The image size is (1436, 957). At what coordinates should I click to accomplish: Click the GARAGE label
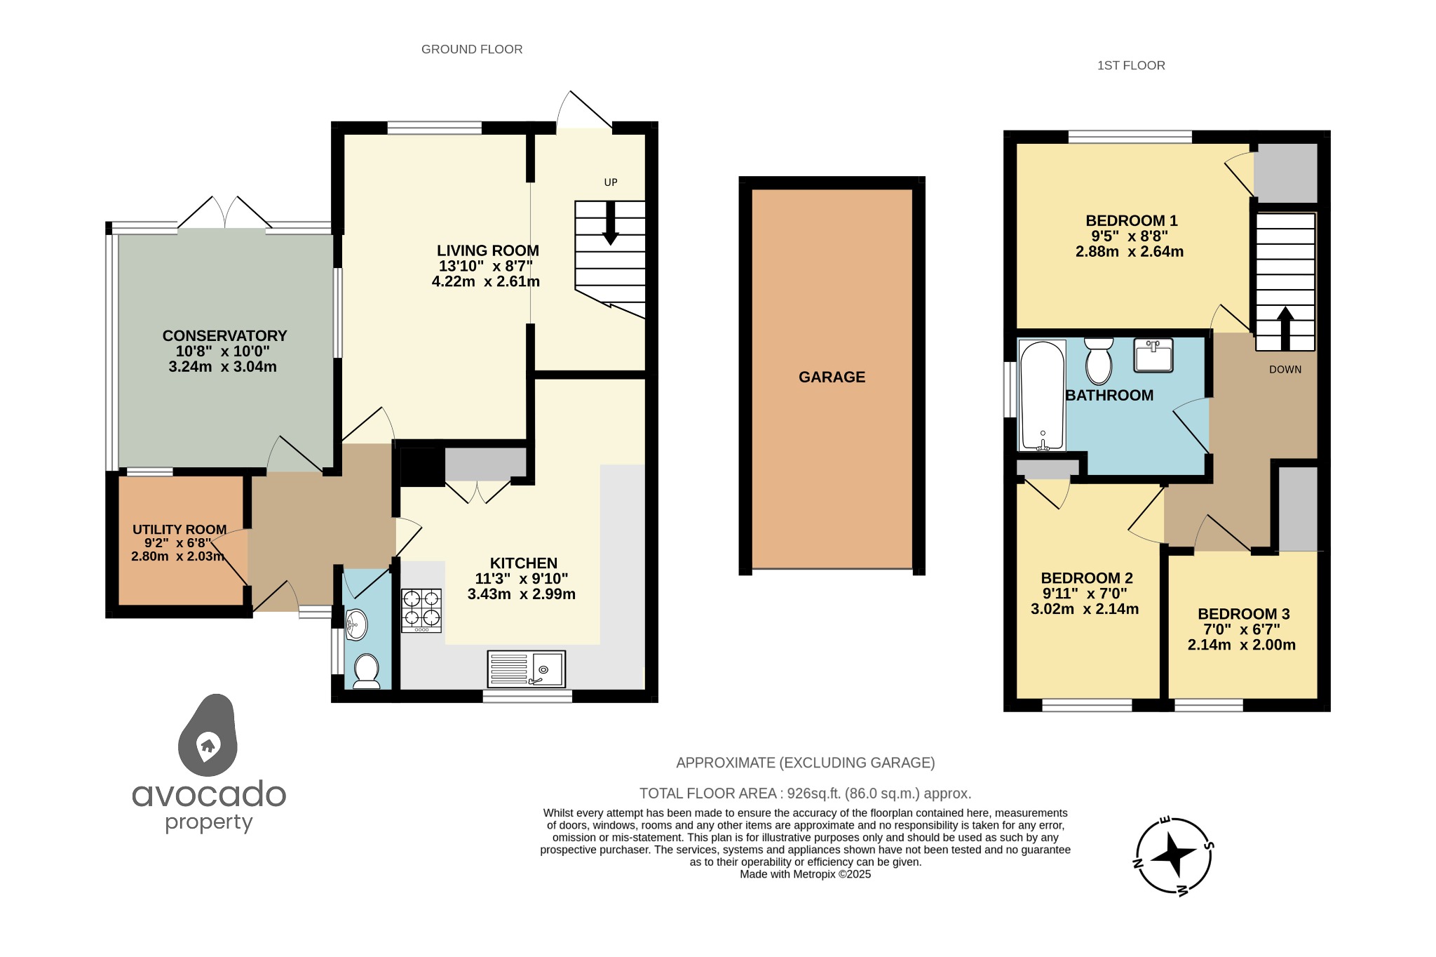(832, 377)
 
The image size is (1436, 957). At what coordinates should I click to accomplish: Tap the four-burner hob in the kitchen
(421, 609)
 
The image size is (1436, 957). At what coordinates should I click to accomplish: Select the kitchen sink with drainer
(527, 669)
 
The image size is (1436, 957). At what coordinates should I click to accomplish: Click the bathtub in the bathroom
(1043, 396)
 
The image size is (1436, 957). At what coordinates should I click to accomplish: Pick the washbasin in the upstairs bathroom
(1153, 355)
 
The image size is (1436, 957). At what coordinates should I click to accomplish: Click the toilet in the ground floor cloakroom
(366, 671)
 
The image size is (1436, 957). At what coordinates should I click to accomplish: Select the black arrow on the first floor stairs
(1285, 328)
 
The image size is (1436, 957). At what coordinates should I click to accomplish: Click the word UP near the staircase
(611, 182)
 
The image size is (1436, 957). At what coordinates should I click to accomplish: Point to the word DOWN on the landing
(1285, 370)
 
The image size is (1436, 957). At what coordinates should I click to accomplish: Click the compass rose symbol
(1174, 856)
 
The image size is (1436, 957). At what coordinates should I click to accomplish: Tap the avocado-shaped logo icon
(208, 737)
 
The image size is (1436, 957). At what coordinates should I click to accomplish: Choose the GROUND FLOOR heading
(472, 49)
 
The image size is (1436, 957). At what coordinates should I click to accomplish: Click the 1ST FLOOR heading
(1131, 65)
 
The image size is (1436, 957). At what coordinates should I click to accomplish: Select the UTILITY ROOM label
(179, 530)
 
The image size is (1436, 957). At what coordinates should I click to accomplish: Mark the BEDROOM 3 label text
(1243, 614)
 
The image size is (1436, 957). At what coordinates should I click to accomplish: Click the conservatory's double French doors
(224, 213)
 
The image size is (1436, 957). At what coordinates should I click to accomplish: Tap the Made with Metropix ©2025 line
(805, 874)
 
